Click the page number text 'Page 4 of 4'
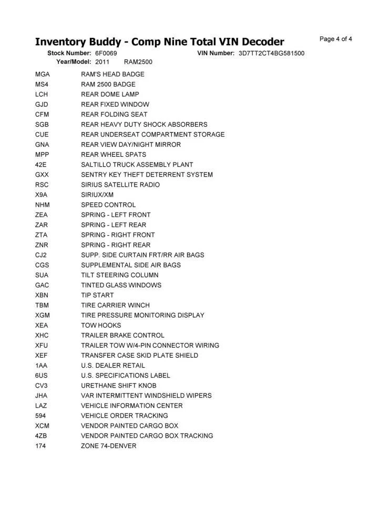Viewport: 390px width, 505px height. [x=336, y=39]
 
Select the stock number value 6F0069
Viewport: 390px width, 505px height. [x=106, y=54]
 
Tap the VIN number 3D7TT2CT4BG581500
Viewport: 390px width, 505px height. [x=271, y=54]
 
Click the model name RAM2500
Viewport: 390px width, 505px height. [x=138, y=62]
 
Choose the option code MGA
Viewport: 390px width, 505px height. [x=42, y=74]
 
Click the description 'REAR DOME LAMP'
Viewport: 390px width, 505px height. [x=110, y=94]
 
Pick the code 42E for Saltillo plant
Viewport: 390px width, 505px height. [x=41, y=165]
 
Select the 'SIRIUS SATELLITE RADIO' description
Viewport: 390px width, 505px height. [x=120, y=185]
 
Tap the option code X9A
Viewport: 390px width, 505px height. [x=42, y=195]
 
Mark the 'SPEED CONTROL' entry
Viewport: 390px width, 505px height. [x=108, y=205]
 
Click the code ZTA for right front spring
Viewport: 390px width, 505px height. [x=41, y=235]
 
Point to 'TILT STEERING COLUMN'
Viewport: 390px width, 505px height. [x=119, y=275]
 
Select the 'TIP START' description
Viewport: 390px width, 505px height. [x=97, y=295]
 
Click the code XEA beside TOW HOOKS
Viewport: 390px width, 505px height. [x=42, y=325]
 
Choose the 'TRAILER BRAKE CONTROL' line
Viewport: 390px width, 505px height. [x=122, y=335]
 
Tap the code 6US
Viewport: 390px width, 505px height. [x=42, y=376]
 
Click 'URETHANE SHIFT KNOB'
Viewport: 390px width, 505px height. [x=118, y=386]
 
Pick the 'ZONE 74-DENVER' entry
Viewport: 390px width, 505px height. [x=108, y=446]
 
